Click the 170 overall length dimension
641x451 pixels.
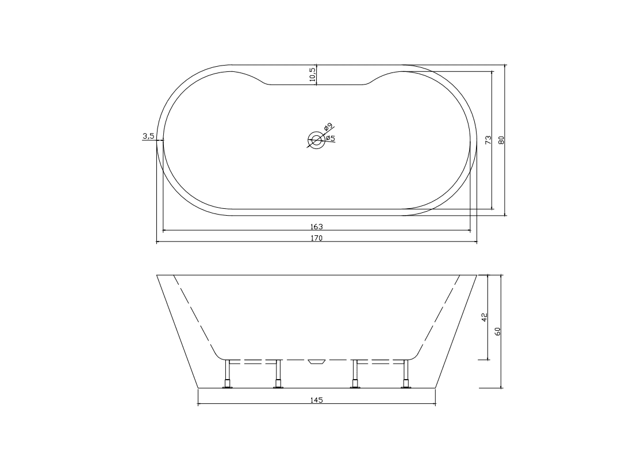317,238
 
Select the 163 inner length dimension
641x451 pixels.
317,227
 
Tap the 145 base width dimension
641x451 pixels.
317,400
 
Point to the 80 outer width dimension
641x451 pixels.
502,140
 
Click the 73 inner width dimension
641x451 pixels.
488,140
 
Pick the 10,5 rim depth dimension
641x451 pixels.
313,75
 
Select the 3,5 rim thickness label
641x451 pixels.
148,136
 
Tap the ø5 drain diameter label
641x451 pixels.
331,139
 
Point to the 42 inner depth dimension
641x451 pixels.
485,318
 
